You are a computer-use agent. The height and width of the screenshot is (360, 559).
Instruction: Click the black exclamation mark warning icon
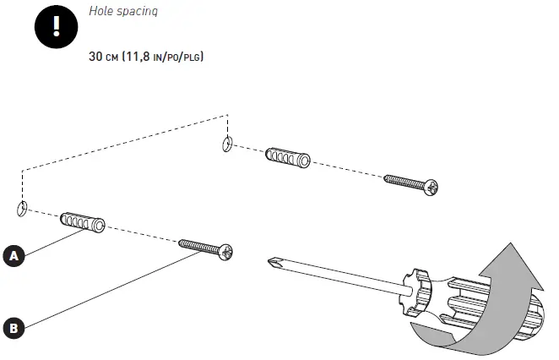[x=56, y=27]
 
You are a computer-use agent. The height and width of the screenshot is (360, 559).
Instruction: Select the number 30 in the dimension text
[x=95, y=57]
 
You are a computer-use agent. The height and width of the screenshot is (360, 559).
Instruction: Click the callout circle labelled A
[x=14, y=256]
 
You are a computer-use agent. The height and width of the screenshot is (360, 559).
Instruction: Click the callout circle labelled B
[x=14, y=328]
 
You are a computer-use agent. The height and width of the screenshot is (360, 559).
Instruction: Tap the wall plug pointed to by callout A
[x=83, y=222]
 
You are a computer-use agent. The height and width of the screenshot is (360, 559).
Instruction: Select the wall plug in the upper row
[x=288, y=157]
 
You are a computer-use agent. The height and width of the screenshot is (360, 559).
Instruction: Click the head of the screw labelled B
[x=225, y=252]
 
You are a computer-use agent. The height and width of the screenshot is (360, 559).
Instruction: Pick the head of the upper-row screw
[x=431, y=188]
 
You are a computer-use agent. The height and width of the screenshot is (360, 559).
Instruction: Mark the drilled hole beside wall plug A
[x=22, y=209]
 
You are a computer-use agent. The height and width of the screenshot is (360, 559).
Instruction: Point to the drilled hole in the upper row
[x=227, y=144]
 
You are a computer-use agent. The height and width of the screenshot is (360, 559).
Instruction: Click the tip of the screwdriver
[x=269, y=261]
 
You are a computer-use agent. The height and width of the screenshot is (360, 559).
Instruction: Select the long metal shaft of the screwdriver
[x=339, y=275]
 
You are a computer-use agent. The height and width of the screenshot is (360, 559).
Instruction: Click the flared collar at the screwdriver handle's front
[x=417, y=292]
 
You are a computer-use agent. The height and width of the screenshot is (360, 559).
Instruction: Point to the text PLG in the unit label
[x=193, y=57]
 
